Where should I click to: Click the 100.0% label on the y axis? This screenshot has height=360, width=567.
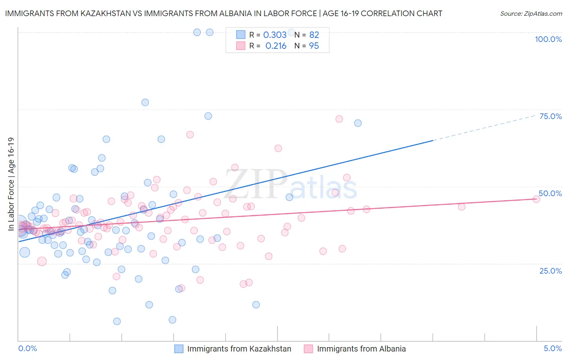[x=548, y=39]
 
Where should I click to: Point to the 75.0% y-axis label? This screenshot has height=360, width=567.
[x=550, y=116]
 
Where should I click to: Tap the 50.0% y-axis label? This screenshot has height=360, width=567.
[x=550, y=193]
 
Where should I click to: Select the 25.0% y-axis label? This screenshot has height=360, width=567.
[x=550, y=270]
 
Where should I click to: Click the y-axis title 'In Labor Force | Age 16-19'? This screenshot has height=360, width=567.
[x=11, y=184]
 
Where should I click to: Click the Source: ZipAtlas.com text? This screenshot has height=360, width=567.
[x=531, y=14]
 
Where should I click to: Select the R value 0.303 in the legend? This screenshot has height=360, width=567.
[x=275, y=35]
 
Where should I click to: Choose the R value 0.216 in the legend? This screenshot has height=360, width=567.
[x=276, y=46]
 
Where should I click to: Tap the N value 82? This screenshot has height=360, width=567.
[x=314, y=35]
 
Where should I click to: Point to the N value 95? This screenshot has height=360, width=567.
[x=314, y=46]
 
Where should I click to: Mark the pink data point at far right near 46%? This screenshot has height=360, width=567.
[x=536, y=199]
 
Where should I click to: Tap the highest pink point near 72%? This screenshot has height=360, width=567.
[x=339, y=119]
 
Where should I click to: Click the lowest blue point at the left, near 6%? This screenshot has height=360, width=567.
[x=117, y=321]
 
